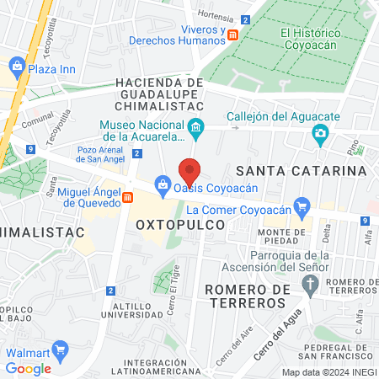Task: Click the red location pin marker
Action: tap(190, 172)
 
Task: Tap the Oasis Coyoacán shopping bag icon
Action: tap(161, 184)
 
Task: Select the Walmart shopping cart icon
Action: tap(59, 349)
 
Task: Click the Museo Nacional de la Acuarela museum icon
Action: tap(196, 129)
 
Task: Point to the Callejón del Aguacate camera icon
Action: tap(319, 133)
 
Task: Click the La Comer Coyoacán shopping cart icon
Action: tap(304, 205)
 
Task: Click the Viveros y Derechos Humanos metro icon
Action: tap(233, 35)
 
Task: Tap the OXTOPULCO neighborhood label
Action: tap(180, 225)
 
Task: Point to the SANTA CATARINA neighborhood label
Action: tap(312, 170)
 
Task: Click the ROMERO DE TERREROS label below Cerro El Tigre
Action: tap(246, 296)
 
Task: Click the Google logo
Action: tap(28, 368)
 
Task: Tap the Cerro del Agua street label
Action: tap(279, 343)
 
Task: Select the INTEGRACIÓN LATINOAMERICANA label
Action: tap(160, 367)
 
